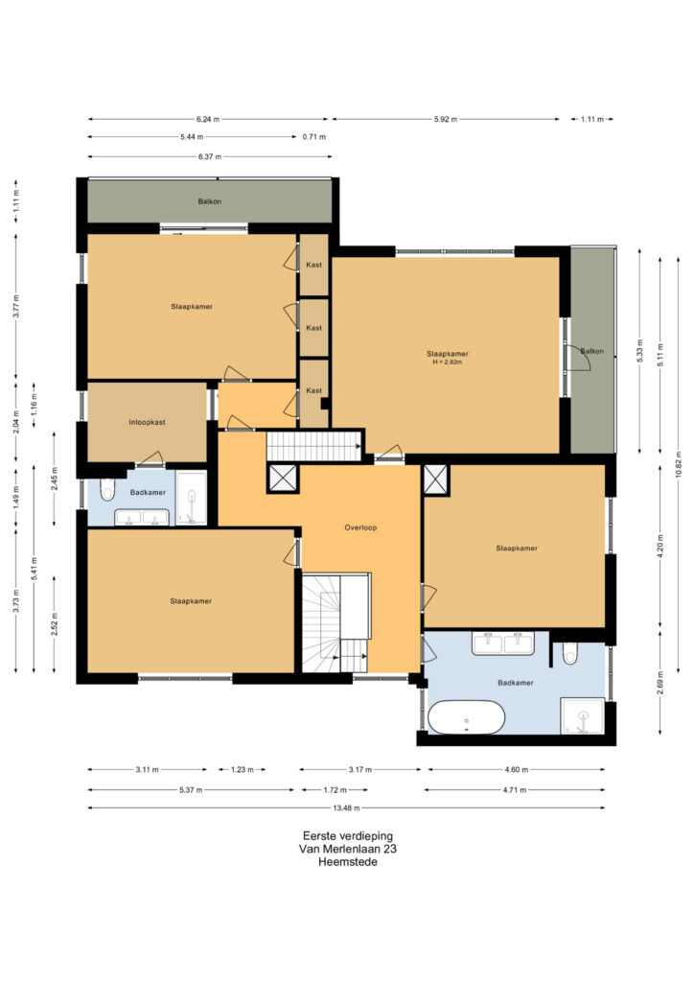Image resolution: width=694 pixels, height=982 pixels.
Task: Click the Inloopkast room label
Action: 147,422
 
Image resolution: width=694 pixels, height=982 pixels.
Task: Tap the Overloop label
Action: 360,527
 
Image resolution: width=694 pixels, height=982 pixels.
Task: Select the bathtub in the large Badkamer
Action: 466,717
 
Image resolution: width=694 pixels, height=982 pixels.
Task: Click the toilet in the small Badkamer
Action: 107,490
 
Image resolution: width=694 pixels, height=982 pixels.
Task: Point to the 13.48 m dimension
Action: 346,807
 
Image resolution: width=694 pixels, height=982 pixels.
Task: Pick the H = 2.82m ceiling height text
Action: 447,362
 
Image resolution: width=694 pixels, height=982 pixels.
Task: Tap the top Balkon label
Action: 210,201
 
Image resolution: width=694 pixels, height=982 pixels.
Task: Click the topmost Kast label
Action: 313,265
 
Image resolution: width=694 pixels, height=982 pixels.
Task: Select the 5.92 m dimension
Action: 446,119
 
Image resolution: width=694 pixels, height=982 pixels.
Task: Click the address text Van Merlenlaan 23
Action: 347,849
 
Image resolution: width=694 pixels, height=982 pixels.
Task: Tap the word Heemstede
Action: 347,862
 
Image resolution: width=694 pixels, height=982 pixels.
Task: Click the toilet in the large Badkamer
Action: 569,653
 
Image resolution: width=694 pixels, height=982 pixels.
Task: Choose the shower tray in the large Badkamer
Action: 583,715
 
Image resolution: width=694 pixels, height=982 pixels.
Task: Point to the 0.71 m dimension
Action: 314,136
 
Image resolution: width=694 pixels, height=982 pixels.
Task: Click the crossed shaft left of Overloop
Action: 283,479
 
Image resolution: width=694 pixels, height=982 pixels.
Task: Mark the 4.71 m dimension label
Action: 515,790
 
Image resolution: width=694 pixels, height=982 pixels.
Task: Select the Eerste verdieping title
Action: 347,835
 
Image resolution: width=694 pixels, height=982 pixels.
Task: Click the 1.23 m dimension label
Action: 243,770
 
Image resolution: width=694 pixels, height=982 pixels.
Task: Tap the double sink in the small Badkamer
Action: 142,517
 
